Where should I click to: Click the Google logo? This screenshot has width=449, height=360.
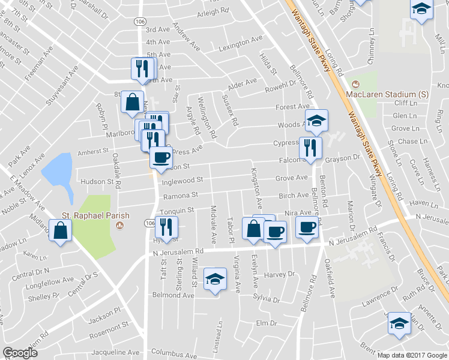pyautogui.click(x=20, y=353)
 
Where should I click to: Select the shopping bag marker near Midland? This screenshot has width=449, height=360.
pyautogui.click(x=60, y=231)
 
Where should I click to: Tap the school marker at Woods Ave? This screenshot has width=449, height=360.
pyautogui.click(x=316, y=121)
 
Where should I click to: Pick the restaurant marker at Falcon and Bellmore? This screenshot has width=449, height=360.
pyautogui.click(x=310, y=148)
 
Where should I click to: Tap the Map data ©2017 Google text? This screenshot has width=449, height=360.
pyautogui.click(x=412, y=355)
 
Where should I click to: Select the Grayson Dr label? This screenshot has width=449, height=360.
pyautogui.click(x=342, y=158)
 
